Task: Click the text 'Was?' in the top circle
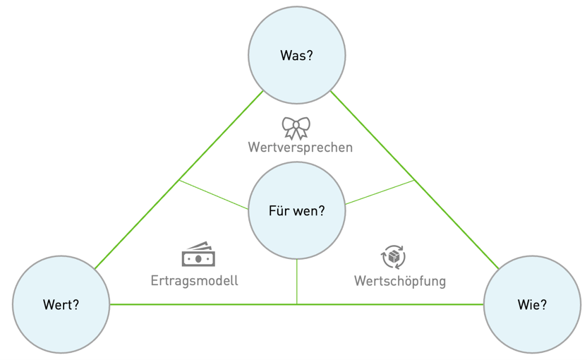(296, 55)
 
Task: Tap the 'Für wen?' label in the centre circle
(296, 210)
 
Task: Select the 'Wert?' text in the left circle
(61, 305)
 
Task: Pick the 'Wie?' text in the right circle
(532, 305)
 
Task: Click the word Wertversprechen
(300, 148)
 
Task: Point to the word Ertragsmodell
(194, 281)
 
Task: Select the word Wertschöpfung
(399, 281)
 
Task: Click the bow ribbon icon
(296, 128)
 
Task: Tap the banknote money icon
(198, 256)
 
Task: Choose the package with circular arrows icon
(393, 257)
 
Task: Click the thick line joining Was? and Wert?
(178, 180)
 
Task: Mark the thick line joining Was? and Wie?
(414, 180)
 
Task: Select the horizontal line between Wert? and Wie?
(212, 304)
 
